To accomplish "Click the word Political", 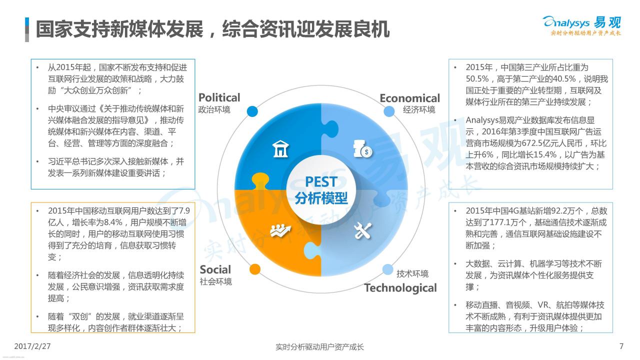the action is pos(219,97).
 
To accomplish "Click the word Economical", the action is pos(409,98).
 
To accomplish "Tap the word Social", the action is pos(215,269).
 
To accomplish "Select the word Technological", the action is pos(400,288).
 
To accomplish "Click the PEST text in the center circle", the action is pos(321,181).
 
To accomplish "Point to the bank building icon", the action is pos(280,149).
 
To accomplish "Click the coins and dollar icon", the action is pos(363,148).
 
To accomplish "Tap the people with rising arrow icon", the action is pos(280,230).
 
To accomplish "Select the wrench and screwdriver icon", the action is pos(362,231).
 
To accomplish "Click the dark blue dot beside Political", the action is pos(252,111).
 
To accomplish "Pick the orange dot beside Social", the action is pos(255,269).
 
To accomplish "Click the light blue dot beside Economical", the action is pos(389,111).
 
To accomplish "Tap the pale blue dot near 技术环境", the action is pos(387,269).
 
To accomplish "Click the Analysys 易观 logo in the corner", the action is pos(581,25).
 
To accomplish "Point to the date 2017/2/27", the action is pos(32,346).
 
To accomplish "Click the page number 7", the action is pos(621,346).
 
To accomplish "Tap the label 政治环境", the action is pos(214,109).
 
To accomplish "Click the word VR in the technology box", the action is pos(542,305).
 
